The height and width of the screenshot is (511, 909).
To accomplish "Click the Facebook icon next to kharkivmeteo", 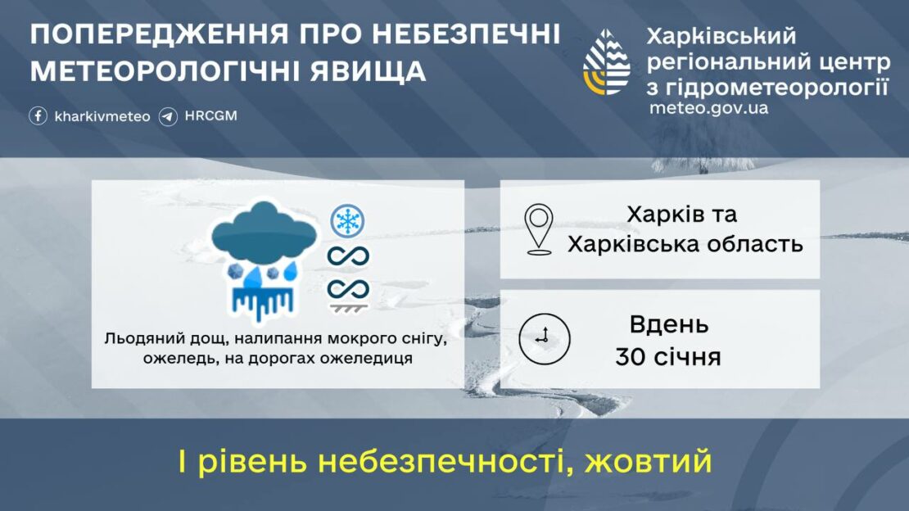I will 38,116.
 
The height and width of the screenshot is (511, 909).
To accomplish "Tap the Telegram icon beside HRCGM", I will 169,116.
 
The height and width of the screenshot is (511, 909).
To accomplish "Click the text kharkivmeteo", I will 102,116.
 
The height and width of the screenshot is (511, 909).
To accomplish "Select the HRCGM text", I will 210,115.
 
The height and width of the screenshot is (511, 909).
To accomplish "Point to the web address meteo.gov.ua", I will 708,107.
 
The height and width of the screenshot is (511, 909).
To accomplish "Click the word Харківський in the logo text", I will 721,37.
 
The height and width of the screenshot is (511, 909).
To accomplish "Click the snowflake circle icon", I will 347,221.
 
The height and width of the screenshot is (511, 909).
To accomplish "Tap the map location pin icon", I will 539,229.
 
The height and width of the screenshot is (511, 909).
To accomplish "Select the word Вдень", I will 668,324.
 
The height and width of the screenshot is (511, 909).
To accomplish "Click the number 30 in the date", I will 631,357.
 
